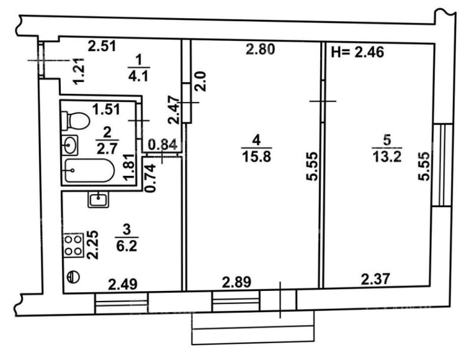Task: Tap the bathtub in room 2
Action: click(x=90, y=171)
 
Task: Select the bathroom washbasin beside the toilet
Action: click(x=70, y=145)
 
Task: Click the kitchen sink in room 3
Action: click(x=98, y=200)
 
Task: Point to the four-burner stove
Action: click(x=74, y=246)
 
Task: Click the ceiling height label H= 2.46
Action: click(x=358, y=52)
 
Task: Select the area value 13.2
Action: click(x=387, y=157)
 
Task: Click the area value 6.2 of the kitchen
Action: click(x=127, y=246)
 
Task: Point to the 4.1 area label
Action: click(x=139, y=76)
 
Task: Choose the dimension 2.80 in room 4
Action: click(x=260, y=50)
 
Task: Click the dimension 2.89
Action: click(x=236, y=282)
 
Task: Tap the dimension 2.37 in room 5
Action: click(x=376, y=279)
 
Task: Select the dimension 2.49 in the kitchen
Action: click(x=123, y=284)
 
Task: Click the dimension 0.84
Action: click(x=162, y=145)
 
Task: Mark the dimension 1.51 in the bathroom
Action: click(x=106, y=110)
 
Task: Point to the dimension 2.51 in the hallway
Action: click(x=102, y=46)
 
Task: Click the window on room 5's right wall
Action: click(x=442, y=165)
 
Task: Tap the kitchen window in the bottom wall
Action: click(x=121, y=303)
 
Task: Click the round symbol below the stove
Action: click(x=73, y=277)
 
